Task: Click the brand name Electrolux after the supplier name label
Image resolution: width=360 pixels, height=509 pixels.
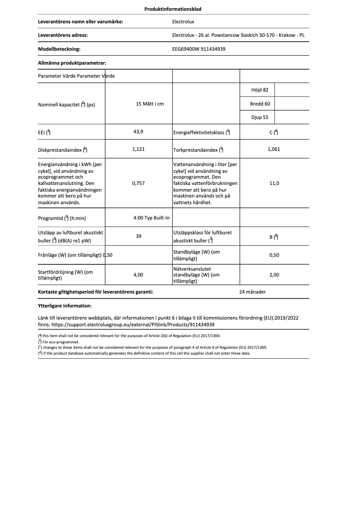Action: (x=183, y=21)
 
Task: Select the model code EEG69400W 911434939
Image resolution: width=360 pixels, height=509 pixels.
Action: (x=199, y=49)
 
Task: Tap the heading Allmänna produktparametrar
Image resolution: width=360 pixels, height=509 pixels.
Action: (x=72, y=63)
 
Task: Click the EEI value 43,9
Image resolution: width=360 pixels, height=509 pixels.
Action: (x=138, y=132)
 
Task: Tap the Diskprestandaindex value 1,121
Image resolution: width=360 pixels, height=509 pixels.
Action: (x=138, y=149)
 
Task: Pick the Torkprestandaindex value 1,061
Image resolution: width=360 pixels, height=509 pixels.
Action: (x=273, y=149)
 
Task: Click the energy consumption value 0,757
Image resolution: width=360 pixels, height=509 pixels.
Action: (x=138, y=183)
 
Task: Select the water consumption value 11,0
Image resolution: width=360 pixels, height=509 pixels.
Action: (x=274, y=183)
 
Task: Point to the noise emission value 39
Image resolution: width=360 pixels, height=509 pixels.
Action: (x=139, y=236)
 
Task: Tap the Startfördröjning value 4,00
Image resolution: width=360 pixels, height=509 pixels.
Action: (x=138, y=275)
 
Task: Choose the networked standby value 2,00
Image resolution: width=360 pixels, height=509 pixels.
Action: (x=274, y=275)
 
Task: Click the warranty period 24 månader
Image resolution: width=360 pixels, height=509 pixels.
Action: (x=253, y=292)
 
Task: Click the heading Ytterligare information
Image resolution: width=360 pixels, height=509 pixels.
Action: (x=65, y=306)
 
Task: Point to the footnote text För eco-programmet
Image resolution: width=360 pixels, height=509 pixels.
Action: (x=58, y=342)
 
